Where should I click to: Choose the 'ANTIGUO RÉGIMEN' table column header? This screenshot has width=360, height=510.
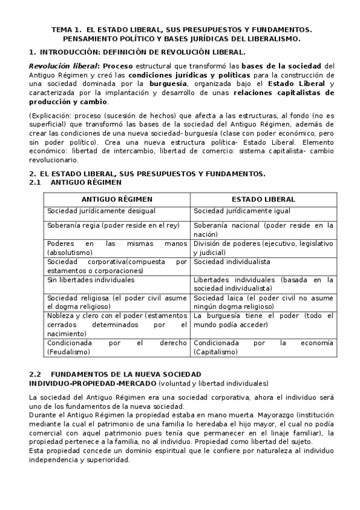[x=117, y=199]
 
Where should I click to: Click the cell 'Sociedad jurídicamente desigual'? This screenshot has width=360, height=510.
[x=101, y=211]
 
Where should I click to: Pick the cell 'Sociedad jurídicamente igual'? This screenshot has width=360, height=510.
[x=242, y=211]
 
